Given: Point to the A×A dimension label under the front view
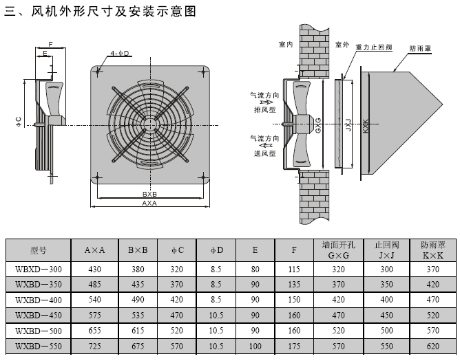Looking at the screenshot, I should pos(150,203).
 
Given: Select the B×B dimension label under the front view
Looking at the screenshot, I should pos(150,194).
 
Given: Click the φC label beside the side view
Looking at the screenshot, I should pos(19,122).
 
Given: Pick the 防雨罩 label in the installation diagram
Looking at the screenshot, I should pos(420,49).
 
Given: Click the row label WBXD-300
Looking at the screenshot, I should pos(38,268).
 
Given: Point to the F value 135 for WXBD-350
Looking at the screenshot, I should pos(294,283).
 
